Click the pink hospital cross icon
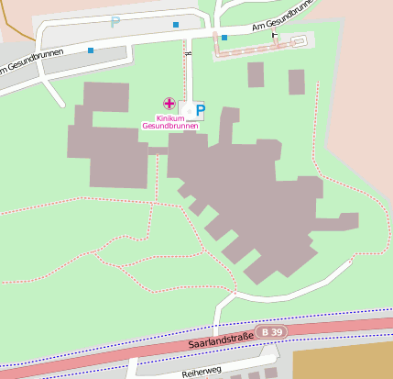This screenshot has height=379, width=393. pyautogui.click(x=169, y=104)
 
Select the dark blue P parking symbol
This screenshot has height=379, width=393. pyautogui.click(x=201, y=111)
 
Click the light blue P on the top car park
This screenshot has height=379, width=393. pyautogui.click(x=115, y=21)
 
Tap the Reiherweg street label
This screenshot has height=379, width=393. pyautogui.click(x=202, y=373)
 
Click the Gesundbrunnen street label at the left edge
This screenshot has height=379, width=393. pyautogui.click(x=20, y=65)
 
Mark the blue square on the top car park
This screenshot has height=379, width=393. pyautogui.click(x=176, y=24)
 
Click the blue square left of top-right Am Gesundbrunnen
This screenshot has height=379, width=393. pyautogui.click(x=224, y=38)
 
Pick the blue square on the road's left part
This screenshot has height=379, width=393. pyautogui.click(x=90, y=50)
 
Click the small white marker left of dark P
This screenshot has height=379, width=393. pyautogui.click(x=189, y=110)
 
